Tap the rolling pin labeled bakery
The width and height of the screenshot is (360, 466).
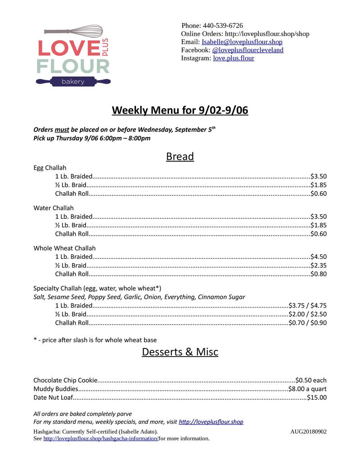(73, 81)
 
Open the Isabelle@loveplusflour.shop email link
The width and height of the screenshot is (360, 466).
(242, 42)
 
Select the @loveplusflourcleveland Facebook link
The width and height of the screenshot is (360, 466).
(247, 50)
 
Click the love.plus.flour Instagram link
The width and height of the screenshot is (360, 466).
(234, 58)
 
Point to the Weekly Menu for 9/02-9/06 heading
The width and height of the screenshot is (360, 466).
(180, 110)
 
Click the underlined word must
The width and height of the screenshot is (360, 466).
(62, 130)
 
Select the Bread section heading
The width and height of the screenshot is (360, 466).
(180, 156)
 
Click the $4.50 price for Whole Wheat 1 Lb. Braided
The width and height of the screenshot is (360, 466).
(319, 257)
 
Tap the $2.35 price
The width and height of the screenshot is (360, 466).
(319, 265)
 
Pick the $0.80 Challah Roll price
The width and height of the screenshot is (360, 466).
(319, 274)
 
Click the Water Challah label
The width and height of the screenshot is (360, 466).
(53, 208)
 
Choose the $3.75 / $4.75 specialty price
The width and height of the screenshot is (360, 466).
(307, 305)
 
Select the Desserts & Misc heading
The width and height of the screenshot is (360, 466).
(180, 352)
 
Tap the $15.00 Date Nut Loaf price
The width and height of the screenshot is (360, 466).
(317, 398)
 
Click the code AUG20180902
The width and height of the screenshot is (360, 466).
(308, 432)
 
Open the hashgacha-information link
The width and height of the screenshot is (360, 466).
(100, 439)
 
